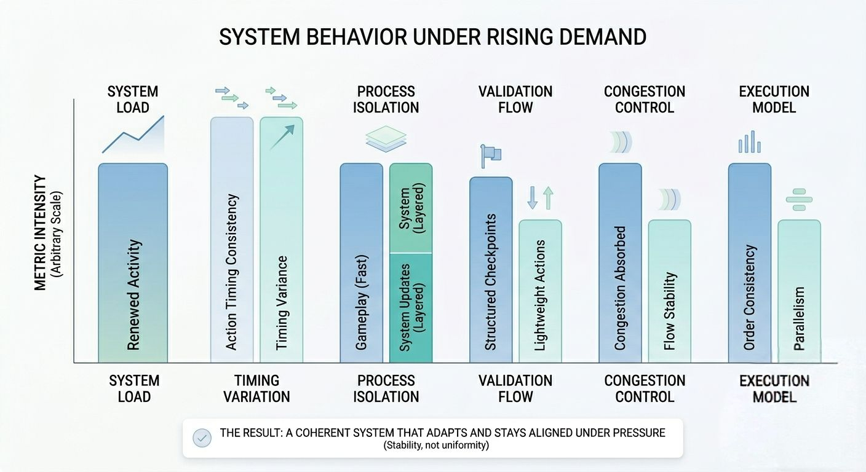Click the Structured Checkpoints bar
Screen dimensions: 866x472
pos(491,270)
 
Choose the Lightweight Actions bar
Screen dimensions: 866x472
pos(540,291)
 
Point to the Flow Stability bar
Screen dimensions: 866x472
pos(670,291)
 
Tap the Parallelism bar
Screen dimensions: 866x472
pos(799,291)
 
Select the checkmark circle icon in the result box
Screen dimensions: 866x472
pos(202,438)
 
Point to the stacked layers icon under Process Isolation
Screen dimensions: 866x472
pos(386,138)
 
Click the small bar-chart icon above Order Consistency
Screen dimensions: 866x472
pos(749,142)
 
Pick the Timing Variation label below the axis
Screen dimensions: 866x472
pos(256,388)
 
